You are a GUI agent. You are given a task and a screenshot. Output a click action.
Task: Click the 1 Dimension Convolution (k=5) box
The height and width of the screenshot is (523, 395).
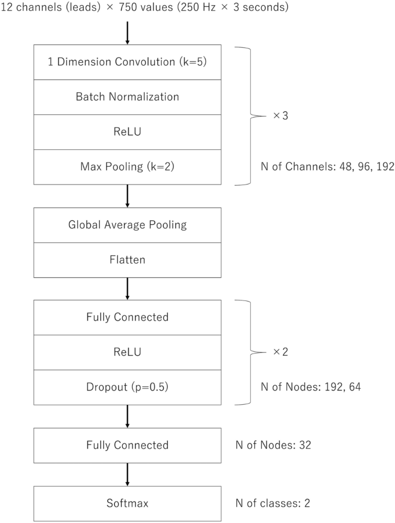[127, 62]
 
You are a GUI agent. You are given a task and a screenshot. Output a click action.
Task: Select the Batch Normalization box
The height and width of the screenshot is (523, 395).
[127, 97]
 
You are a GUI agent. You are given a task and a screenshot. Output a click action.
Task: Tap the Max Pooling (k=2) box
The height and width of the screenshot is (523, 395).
[127, 167]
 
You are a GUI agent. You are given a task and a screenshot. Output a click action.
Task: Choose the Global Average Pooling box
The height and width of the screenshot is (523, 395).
[127, 225]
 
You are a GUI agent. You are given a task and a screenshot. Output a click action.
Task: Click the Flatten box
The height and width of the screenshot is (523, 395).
[127, 260]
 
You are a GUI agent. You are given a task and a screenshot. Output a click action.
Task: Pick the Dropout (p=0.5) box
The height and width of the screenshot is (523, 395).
[127, 387]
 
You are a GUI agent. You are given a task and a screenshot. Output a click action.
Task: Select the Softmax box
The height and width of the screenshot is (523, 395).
[127, 503]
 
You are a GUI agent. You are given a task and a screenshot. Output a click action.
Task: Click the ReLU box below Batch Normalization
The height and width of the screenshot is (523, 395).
[127, 132]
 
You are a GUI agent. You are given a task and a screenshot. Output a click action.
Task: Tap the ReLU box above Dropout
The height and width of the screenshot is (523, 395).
[127, 352]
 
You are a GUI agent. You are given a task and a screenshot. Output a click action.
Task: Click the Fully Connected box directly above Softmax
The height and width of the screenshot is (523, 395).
[127, 445]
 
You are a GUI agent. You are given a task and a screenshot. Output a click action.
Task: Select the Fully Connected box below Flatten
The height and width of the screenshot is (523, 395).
[127, 317]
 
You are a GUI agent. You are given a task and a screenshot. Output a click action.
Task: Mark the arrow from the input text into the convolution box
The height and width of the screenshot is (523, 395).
[127, 33]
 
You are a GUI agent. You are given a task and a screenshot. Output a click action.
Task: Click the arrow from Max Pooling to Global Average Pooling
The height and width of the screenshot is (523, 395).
[127, 196]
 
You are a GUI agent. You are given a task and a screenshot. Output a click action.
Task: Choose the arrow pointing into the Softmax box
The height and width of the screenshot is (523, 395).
[127, 474]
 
